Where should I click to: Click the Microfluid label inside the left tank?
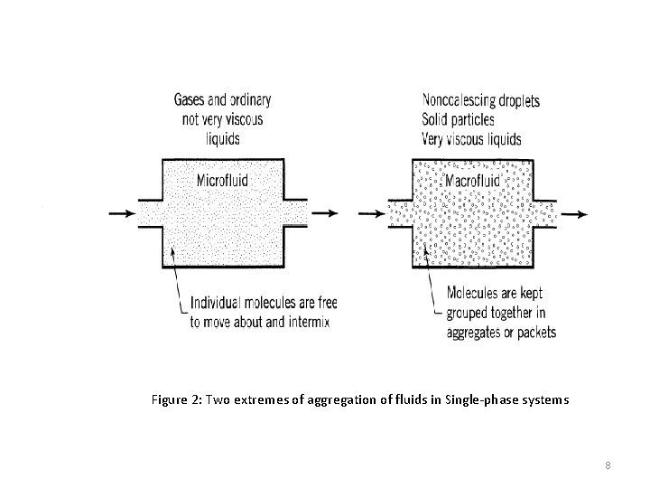pyautogui.click(x=222, y=180)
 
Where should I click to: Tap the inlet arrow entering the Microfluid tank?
pyautogui.click(x=118, y=213)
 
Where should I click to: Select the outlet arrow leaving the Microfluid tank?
pyautogui.click(x=327, y=213)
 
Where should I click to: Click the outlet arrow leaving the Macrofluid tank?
pyautogui.click(x=574, y=213)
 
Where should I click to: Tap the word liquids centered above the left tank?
pyautogui.click(x=222, y=139)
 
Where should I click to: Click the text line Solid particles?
pyautogui.click(x=459, y=120)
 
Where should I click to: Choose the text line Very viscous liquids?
pyautogui.click(x=471, y=139)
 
